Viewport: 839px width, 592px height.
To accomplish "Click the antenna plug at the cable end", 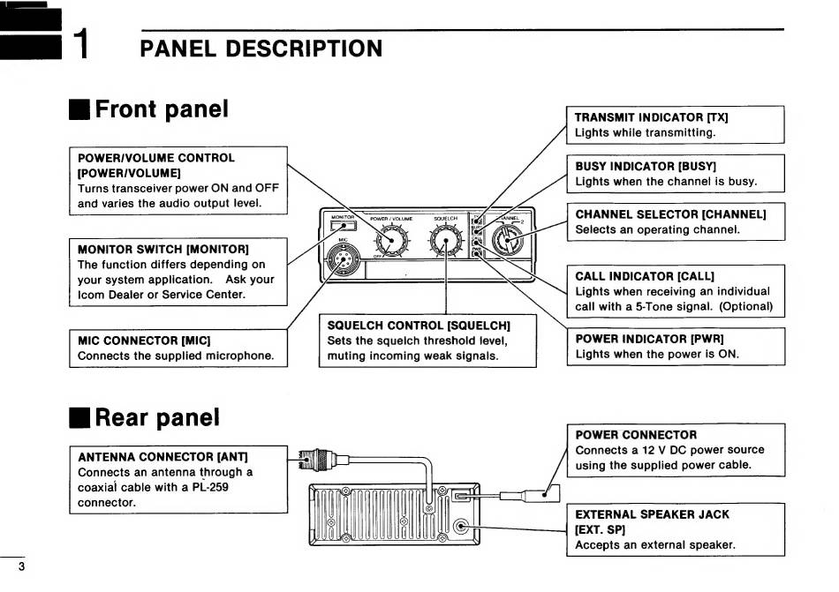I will click(306, 457).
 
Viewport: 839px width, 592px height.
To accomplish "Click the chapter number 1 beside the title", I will click(81, 45).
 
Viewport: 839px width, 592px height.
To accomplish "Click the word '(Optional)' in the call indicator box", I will click(745, 306).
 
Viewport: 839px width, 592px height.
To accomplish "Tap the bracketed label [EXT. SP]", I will click(601, 529).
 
